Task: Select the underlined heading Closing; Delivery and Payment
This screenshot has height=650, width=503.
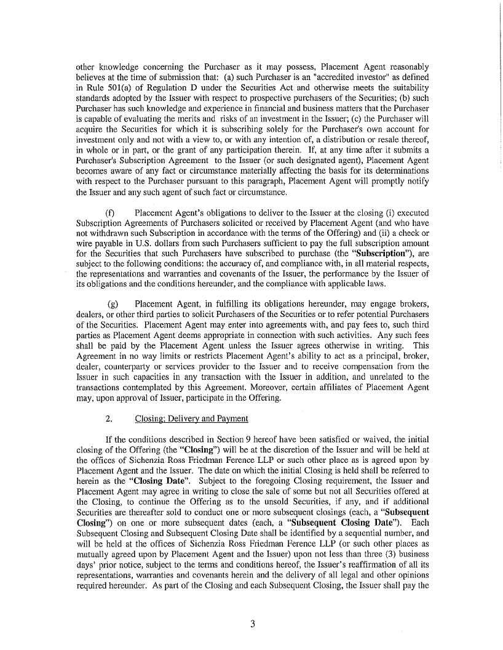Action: point(191,419)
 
